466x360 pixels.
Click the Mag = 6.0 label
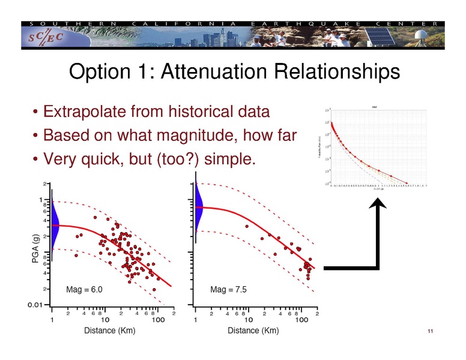(85, 290)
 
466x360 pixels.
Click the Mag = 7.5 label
(229, 290)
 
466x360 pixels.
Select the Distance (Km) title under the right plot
(253, 331)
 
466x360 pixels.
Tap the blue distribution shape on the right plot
(199, 207)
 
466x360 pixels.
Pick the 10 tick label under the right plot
(249, 320)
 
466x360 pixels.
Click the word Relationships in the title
(340, 73)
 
